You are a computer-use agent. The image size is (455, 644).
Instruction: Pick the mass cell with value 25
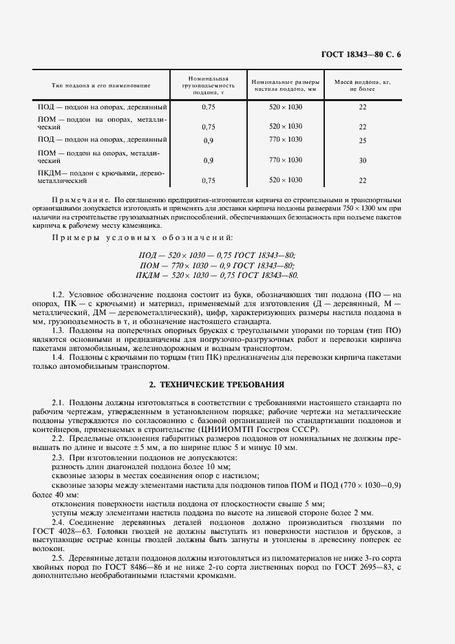pos(362,140)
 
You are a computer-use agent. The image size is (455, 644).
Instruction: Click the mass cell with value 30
pos(362,160)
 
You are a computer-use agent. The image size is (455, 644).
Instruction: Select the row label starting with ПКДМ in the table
pos(100,176)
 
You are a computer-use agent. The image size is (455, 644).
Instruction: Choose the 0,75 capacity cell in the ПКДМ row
pos(209,180)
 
